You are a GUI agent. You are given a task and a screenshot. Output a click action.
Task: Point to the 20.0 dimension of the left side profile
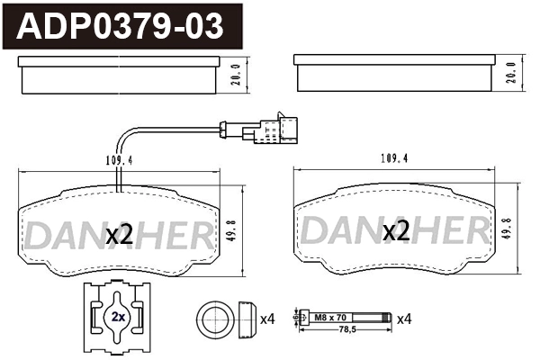pos(237,74)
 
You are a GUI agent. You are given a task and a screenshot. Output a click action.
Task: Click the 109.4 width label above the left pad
pos(113,162)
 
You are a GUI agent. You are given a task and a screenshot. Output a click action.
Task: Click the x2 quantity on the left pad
pos(120,235)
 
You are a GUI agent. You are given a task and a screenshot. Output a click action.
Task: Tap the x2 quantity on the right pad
pos(397,232)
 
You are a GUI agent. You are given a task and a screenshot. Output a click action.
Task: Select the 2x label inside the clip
pos(118,318)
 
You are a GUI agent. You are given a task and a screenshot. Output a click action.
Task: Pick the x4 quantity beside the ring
pos(267,319)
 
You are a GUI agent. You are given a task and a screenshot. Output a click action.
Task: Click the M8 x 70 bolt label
pos(329,317)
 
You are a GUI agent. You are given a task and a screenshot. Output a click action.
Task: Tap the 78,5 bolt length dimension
pos(346,330)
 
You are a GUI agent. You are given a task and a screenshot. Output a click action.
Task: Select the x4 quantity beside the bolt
pos(403,318)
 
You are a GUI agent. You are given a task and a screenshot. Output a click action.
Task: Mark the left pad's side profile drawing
pos(120,74)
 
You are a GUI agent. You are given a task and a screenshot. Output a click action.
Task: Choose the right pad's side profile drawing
pos(395,74)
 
